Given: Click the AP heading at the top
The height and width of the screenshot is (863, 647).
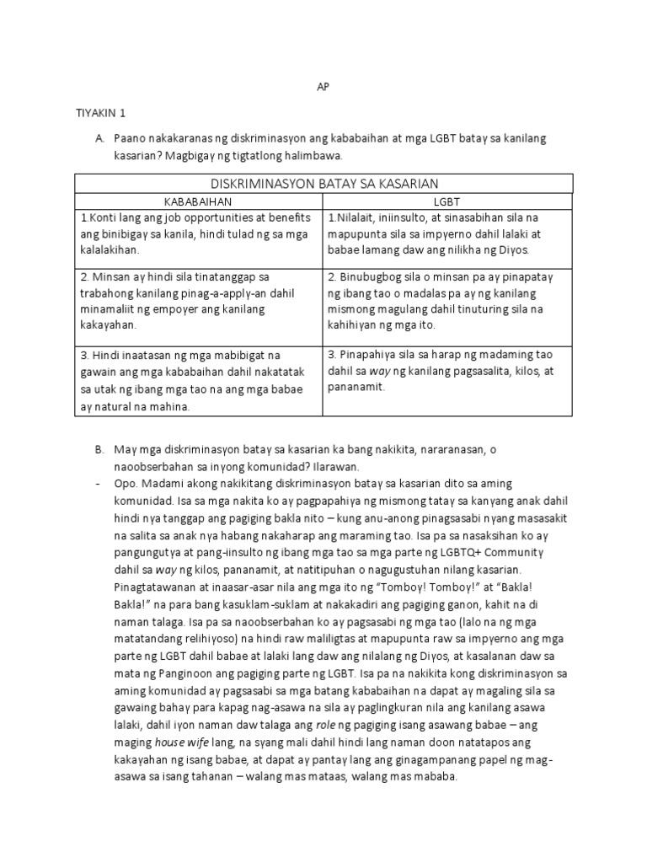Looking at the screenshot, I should (323, 86).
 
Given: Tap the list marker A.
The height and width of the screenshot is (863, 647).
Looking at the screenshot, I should (99, 137).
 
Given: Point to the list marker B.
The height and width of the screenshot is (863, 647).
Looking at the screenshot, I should (99, 451).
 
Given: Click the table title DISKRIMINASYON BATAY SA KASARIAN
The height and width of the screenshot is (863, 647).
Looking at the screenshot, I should (323, 184).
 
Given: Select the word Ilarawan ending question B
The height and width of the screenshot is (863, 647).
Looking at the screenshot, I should (336, 466).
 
